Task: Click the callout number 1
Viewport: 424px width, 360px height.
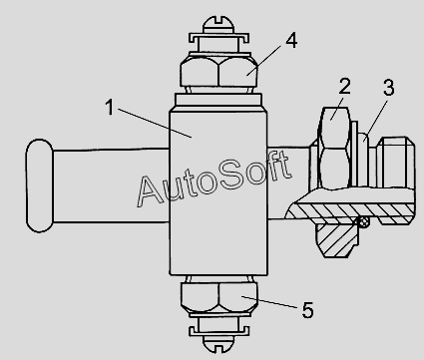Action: pyautogui.click(x=110, y=108)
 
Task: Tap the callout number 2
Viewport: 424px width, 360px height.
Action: pyautogui.click(x=344, y=86)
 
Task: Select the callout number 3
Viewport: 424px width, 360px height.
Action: pyautogui.click(x=388, y=88)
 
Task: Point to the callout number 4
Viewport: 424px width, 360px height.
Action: pyautogui.click(x=291, y=41)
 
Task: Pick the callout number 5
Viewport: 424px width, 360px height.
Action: pyautogui.click(x=307, y=310)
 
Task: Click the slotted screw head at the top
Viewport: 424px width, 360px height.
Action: pyautogui.click(x=218, y=24)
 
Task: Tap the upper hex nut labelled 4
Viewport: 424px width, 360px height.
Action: pyautogui.click(x=218, y=72)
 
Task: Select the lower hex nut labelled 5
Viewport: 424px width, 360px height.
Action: pyautogui.click(x=218, y=298)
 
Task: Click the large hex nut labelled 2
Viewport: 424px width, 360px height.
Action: pyautogui.click(x=334, y=149)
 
